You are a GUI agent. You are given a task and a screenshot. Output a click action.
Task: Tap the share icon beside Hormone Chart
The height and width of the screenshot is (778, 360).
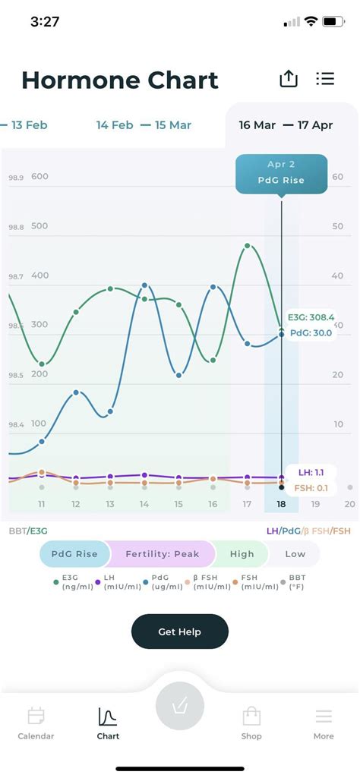[x=289, y=79]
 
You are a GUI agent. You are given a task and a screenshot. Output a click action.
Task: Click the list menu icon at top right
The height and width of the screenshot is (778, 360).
[x=325, y=79]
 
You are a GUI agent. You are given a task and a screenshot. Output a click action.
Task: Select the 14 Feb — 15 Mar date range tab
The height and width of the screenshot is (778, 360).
[x=144, y=124]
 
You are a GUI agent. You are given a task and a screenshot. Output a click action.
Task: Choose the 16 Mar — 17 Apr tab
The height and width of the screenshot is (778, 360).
[x=286, y=124]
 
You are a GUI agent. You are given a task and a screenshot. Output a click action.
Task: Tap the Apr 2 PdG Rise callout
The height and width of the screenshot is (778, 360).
[x=281, y=173]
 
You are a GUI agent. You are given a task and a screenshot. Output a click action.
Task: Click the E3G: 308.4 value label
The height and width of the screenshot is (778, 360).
[x=311, y=317]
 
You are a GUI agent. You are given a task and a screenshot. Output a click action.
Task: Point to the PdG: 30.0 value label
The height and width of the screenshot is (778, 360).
[x=311, y=332]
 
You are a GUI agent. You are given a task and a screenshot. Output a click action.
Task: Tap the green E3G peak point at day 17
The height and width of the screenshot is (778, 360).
[x=248, y=246]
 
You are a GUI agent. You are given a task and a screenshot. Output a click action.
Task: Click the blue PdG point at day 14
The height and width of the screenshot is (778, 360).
[x=144, y=285]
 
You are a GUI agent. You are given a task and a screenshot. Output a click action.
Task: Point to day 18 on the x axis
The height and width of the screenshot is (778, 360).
[x=281, y=504]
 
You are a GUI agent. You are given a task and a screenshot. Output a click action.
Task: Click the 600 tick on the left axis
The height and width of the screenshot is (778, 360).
[x=39, y=177]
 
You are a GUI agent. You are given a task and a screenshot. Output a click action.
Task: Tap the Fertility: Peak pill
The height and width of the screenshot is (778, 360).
[x=162, y=554]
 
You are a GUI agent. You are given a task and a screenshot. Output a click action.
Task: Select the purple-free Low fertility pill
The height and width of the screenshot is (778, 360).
[x=295, y=554]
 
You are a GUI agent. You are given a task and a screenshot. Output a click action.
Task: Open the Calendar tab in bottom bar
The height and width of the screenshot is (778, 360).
[x=36, y=723]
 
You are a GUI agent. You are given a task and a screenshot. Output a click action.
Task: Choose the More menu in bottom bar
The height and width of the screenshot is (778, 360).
[x=324, y=723]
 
